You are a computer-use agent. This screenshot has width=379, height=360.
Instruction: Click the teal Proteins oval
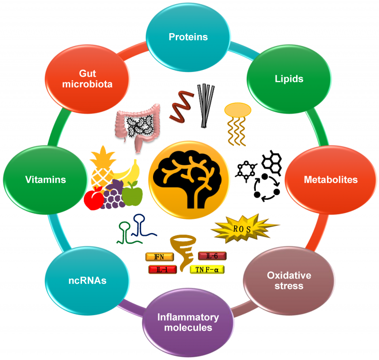189,37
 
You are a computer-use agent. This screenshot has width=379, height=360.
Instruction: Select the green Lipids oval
289,79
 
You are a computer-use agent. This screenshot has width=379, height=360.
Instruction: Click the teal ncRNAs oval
87,280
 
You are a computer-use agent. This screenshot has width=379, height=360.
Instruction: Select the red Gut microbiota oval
87,79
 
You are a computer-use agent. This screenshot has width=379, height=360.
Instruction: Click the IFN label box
159,257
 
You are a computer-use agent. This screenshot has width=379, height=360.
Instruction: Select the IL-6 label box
211,256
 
